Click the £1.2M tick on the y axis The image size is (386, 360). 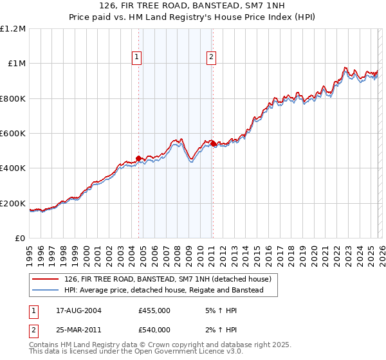pyautogui.click(x=14, y=29)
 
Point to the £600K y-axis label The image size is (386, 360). pyautogui.click(x=14, y=134)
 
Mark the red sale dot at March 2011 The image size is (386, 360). pyautogui.click(x=213, y=142)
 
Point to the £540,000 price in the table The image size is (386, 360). pyautogui.click(x=154, y=330)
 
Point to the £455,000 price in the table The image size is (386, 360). pyautogui.click(x=154, y=310)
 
